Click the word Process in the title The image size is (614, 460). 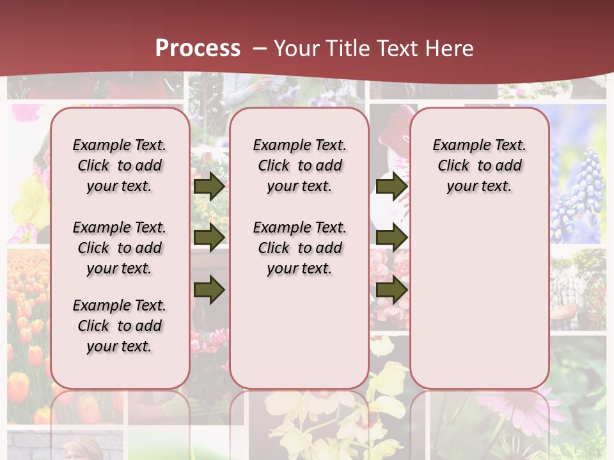point(198,49)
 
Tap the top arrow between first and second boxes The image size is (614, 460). point(209,186)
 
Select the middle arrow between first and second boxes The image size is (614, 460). point(209,238)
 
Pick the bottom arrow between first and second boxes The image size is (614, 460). point(209,291)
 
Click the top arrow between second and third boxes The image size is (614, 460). point(391,186)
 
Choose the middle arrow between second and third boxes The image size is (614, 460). point(391,238)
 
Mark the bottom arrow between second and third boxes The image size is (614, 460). point(391,291)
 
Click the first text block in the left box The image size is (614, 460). point(120,165)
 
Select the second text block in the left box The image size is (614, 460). point(120,248)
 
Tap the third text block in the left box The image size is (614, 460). point(120,326)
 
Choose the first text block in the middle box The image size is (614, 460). point(299,165)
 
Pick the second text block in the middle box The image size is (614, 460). point(299,248)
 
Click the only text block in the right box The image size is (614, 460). point(479,165)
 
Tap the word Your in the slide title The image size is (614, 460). point(297,49)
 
